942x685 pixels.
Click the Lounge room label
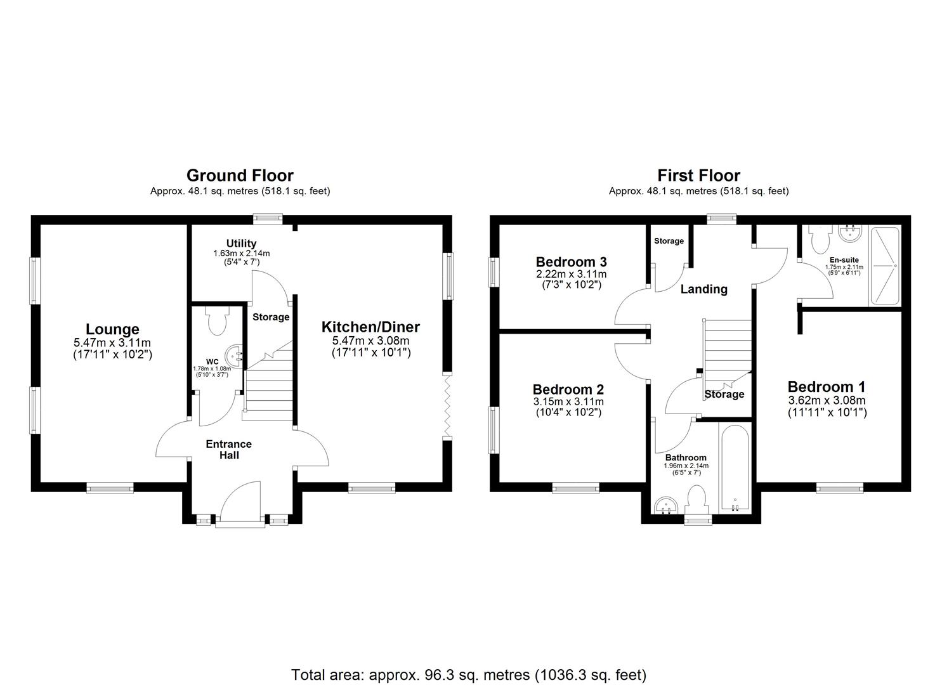(x=112, y=329)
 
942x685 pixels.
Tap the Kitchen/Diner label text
(x=370, y=327)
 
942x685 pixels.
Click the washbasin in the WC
(x=237, y=356)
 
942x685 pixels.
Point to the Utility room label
(x=241, y=244)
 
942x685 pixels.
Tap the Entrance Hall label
(x=228, y=449)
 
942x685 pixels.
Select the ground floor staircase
(x=268, y=387)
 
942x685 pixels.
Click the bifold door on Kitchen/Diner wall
(x=447, y=406)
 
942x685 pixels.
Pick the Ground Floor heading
(x=240, y=175)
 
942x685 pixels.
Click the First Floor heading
(x=698, y=175)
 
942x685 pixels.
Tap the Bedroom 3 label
(x=571, y=262)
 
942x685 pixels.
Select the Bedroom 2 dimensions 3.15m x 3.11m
(x=568, y=401)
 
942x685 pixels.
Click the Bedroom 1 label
(x=826, y=387)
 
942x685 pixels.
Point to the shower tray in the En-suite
(x=884, y=266)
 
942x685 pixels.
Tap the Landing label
(x=703, y=289)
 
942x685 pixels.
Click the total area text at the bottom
(x=468, y=674)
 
